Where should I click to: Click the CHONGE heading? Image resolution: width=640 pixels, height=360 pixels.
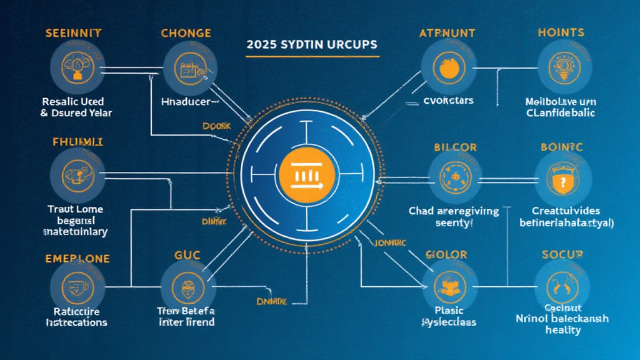(186, 32)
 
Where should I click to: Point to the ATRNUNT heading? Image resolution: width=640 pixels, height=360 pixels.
(447, 32)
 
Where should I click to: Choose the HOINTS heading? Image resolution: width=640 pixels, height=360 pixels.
(561, 32)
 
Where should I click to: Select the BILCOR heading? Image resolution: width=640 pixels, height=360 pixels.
(455, 147)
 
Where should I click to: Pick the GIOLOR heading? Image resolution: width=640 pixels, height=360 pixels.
(446, 254)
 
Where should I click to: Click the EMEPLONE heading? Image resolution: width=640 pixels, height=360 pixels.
(77, 258)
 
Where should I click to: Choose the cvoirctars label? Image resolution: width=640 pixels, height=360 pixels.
(448, 100)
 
